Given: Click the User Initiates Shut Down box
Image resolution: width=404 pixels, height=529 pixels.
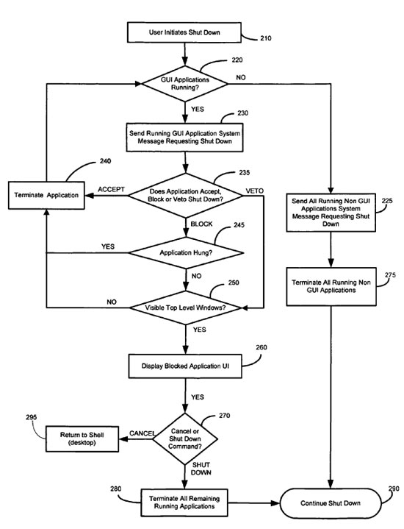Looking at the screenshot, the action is click(184, 32).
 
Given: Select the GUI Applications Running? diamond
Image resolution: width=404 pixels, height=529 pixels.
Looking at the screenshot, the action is click(184, 84).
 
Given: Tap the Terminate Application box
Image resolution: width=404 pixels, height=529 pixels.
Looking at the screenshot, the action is click(46, 195).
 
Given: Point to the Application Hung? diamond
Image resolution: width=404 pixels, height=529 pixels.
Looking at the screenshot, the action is click(186, 252).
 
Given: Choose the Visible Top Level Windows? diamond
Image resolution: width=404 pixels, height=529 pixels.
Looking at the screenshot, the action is click(186, 308).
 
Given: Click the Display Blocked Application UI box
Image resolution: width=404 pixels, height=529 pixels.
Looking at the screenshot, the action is click(185, 366).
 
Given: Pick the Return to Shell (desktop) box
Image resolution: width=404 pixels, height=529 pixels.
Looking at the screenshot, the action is click(82, 439).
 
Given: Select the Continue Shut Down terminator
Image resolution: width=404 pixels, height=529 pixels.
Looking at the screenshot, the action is click(331, 503).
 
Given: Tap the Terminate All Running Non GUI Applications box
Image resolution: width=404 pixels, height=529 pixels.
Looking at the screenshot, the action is click(331, 286).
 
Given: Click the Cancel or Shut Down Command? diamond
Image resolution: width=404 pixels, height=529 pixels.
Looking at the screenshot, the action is click(185, 439).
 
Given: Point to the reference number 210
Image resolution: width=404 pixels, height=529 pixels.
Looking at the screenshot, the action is click(265, 38).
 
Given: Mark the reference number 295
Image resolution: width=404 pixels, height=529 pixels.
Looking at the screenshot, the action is click(32, 417).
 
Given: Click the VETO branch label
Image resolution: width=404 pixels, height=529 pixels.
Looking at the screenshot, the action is click(254, 191).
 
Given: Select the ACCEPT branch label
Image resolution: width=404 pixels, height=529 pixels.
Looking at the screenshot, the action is click(111, 189).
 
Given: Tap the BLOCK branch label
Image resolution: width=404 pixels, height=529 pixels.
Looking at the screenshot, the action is click(201, 224).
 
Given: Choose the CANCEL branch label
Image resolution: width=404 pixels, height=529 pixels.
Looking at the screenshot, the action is click(143, 433).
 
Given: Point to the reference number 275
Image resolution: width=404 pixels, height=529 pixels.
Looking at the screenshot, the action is click(390, 275).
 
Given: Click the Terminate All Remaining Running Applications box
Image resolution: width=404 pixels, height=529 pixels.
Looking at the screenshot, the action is click(184, 503).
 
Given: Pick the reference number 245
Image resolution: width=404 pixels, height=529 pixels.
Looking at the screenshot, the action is click(239, 225).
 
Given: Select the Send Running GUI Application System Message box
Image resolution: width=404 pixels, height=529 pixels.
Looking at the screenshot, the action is click(184, 138).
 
